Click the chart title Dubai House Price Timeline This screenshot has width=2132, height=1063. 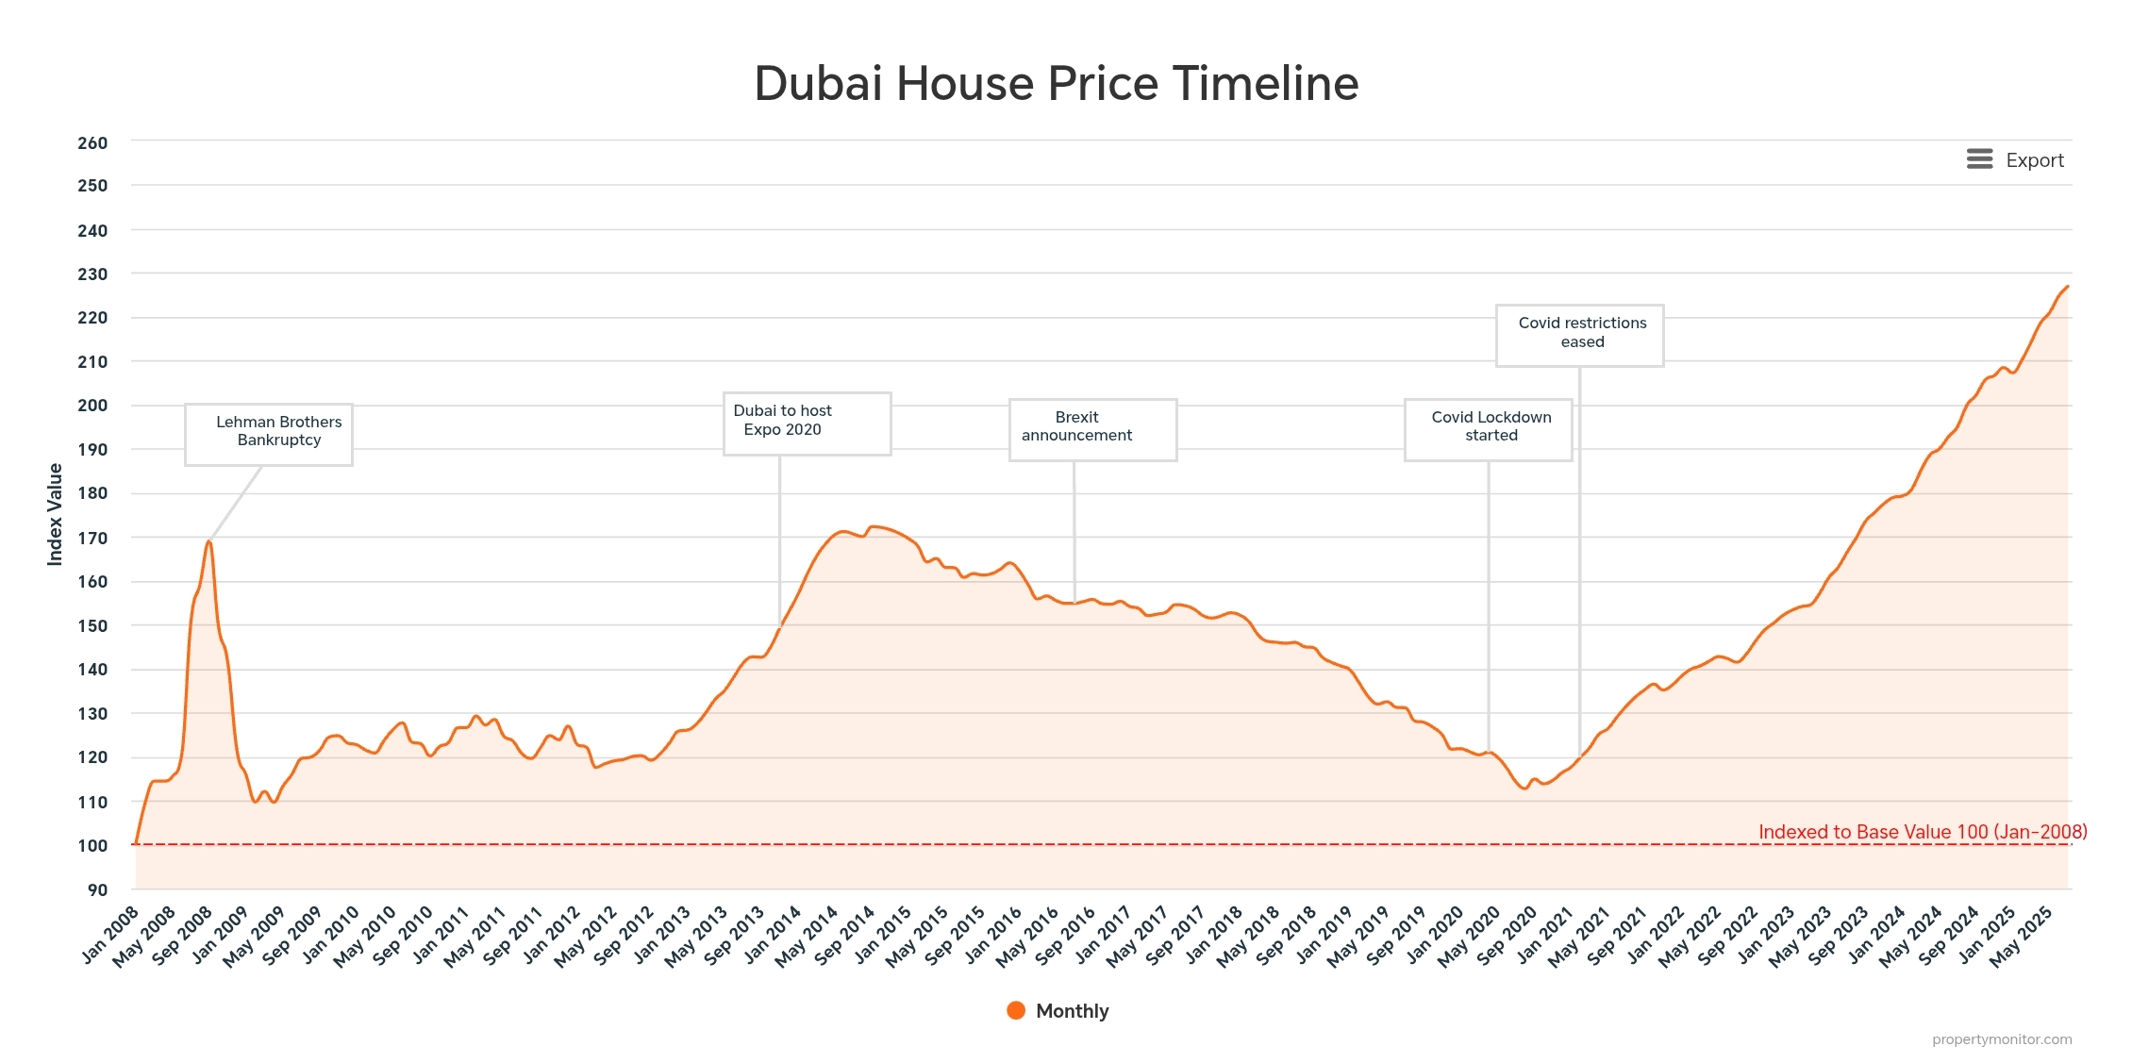point(1056,83)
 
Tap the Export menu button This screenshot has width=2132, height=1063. point(2015,160)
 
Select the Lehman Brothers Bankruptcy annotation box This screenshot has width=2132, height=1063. point(269,434)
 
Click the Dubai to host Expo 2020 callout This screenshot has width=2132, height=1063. point(807,424)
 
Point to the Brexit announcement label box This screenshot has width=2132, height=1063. point(1092,429)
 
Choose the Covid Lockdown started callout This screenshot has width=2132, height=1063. point(1488,429)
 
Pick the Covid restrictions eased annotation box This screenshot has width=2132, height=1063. point(1579,335)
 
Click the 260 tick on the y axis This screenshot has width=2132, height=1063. point(92,143)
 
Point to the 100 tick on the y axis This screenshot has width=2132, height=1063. point(92,846)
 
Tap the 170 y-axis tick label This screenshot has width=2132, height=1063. point(92,539)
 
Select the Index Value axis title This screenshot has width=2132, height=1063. point(55,514)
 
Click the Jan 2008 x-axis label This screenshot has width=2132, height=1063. point(111,934)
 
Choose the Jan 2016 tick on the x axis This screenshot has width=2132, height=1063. point(994,934)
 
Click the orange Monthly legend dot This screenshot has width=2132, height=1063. point(1016,1010)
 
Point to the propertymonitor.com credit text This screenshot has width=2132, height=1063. point(2001,1039)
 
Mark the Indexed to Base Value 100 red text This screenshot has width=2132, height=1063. point(1922,832)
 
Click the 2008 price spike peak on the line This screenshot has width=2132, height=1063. point(208,541)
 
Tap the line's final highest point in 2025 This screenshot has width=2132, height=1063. point(2067,287)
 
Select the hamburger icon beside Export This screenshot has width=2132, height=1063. point(1979,159)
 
